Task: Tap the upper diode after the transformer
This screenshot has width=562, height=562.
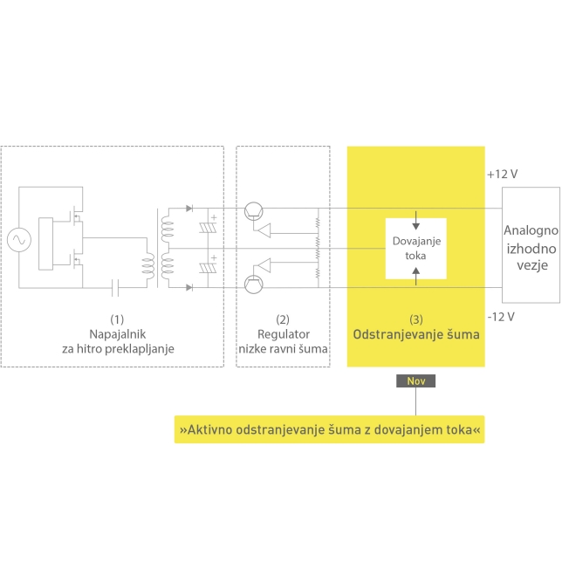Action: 189,209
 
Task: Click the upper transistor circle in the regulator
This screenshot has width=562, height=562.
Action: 254,209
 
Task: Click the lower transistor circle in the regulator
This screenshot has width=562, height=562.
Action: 254,284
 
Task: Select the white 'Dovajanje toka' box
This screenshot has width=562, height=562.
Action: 415,248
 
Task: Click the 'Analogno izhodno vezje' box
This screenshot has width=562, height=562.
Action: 531,244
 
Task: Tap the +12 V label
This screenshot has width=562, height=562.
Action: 503,175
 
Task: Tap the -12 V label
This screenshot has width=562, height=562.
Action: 502,315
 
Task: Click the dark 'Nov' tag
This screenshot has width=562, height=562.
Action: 415,380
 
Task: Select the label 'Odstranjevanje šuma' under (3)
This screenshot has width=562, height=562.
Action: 415,334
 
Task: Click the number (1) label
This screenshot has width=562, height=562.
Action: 118,319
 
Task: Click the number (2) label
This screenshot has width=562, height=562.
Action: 283,319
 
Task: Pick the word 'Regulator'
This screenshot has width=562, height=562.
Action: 283,334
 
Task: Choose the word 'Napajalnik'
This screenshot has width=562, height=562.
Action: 118,334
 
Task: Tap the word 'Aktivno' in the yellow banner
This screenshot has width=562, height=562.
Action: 210,430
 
